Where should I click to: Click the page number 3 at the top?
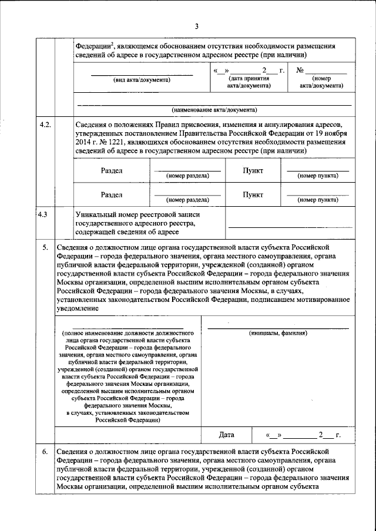coord(197,26)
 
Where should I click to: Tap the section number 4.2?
coord(45,125)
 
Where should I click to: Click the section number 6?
coord(46,451)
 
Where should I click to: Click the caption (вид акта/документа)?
coord(142,80)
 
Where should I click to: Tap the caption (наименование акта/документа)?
coord(214,110)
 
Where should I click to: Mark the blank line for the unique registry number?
coord(288,227)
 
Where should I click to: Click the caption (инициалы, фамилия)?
coord(278,332)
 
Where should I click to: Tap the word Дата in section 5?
coord(226,435)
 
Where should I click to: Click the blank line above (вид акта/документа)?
coord(142,75)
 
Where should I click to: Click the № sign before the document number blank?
coord(300,70)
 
